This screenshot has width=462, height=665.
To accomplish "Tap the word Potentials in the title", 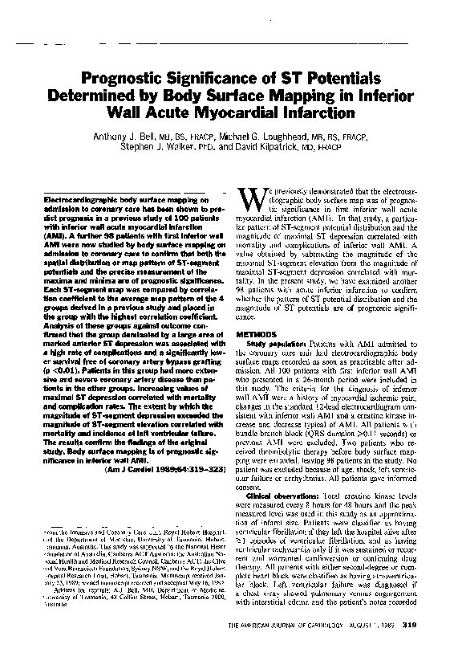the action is pos(337,77).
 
